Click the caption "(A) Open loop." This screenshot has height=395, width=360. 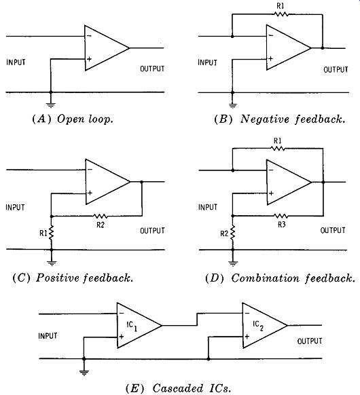click(73, 119)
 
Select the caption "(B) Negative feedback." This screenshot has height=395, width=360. click(280, 119)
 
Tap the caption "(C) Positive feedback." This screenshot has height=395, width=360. click(73, 278)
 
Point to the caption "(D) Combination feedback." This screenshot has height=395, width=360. click(281, 278)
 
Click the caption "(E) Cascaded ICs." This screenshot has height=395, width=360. click(178, 388)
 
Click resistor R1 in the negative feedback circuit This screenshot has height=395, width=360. click(281, 14)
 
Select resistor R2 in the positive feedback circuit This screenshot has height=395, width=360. click(101, 216)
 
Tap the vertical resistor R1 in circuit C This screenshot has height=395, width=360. click(52, 233)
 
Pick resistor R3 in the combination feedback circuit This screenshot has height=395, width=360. click(281, 216)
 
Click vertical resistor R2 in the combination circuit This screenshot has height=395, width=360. click(233, 233)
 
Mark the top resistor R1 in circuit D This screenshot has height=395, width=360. click(278, 149)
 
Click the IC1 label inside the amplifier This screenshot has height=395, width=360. click(132, 326)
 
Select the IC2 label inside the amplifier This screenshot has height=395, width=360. click(258, 326)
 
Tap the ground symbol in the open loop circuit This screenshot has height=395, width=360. click(51, 105)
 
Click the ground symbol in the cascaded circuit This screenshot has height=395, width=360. click(84, 373)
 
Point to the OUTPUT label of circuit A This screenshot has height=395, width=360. click(152, 69)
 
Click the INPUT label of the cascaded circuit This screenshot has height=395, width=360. click(48, 336)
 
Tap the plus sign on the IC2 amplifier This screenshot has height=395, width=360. click(247, 337)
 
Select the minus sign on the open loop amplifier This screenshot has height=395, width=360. click(89, 36)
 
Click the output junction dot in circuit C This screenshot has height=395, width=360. click(142, 182)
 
